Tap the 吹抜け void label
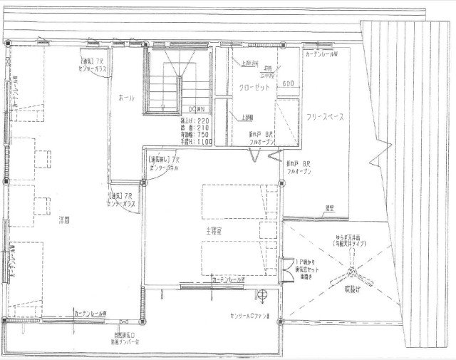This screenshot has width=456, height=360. (353, 290)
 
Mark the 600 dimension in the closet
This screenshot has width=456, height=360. (288, 84)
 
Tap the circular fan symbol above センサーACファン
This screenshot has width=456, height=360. (262, 295)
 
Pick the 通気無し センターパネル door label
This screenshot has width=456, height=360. (163, 164)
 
